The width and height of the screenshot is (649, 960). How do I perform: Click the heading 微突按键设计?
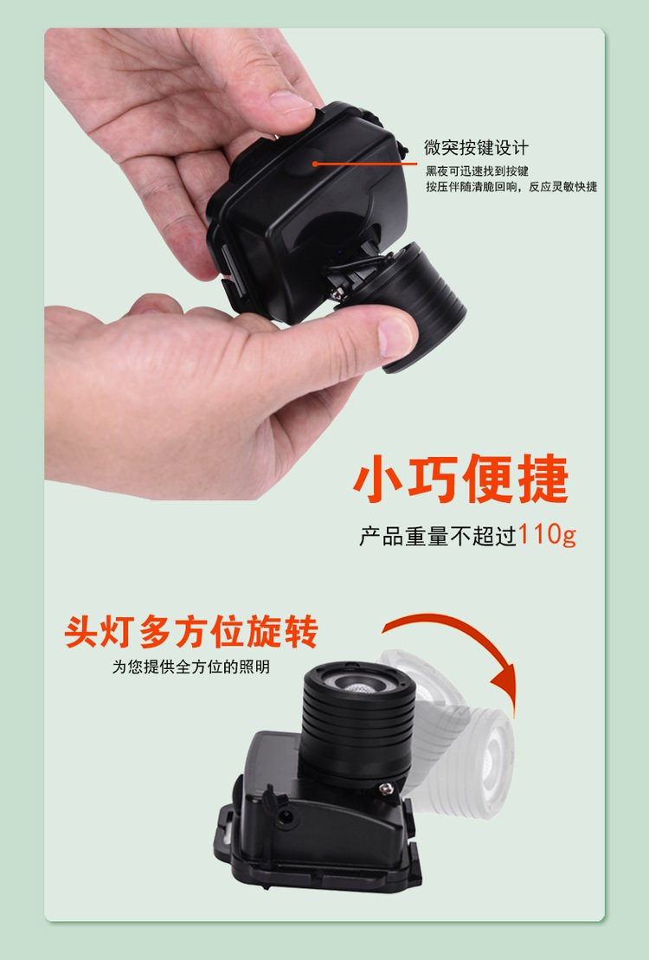point(476,147)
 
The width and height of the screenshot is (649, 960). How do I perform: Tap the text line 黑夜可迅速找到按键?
point(477,171)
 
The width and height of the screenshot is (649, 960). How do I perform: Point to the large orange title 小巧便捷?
point(461,479)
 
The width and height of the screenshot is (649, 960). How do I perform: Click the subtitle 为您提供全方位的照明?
point(190,667)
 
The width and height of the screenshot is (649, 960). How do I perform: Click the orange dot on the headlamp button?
point(315,164)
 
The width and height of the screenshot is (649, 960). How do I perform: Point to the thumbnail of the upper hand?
point(291,102)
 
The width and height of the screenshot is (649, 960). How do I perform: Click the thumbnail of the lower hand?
point(395,337)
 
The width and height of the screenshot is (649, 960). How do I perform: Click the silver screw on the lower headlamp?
point(386,789)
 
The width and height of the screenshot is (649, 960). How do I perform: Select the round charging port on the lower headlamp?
point(285,816)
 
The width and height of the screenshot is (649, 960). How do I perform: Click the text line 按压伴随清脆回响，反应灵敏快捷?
point(511,187)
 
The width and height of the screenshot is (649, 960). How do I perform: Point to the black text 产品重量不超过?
point(438,536)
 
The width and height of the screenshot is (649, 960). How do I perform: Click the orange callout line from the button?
point(365,164)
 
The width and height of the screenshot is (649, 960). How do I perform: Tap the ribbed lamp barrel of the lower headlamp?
point(358,725)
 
